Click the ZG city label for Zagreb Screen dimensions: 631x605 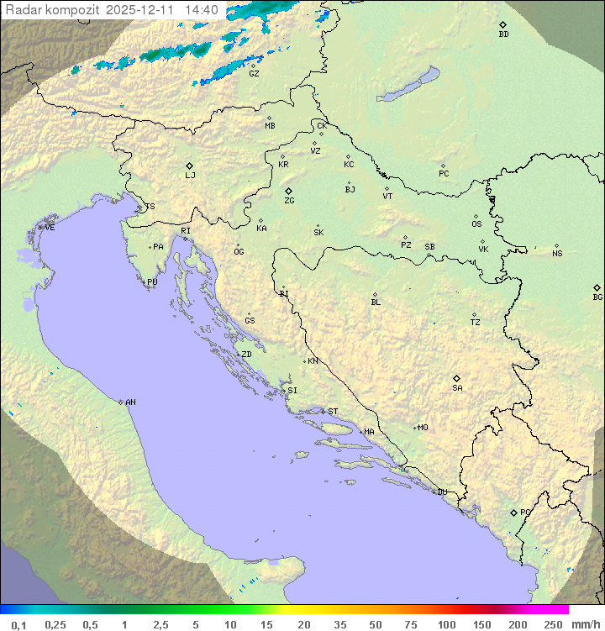pyautogui.click(x=289, y=202)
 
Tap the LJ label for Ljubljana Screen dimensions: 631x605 pyautogui.click(x=190, y=176)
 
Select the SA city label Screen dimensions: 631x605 pyautogui.click(x=457, y=388)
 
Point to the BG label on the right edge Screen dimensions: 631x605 pyautogui.click(x=597, y=297)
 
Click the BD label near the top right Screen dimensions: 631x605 pyautogui.click(x=503, y=34)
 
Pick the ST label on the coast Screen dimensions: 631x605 pyautogui.click(x=333, y=412)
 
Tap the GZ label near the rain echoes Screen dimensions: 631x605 pyautogui.click(x=254, y=74)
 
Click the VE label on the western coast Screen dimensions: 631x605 pyautogui.click(x=50, y=228)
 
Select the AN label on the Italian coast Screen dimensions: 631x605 pyautogui.click(x=130, y=402)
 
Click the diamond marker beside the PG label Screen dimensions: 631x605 pyautogui.click(x=513, y=512)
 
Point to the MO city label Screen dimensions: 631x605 pyautogui.click(x=423, y=428)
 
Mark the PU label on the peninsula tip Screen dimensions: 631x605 pyautogui.click(x=152, y=282)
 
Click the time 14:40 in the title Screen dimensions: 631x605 pyautogui.click(x=201, y=10)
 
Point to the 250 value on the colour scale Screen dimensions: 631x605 pyautogui.click(x=553, y=624)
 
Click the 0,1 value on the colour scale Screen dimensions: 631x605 pyautogui.click(x=18, y=624)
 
